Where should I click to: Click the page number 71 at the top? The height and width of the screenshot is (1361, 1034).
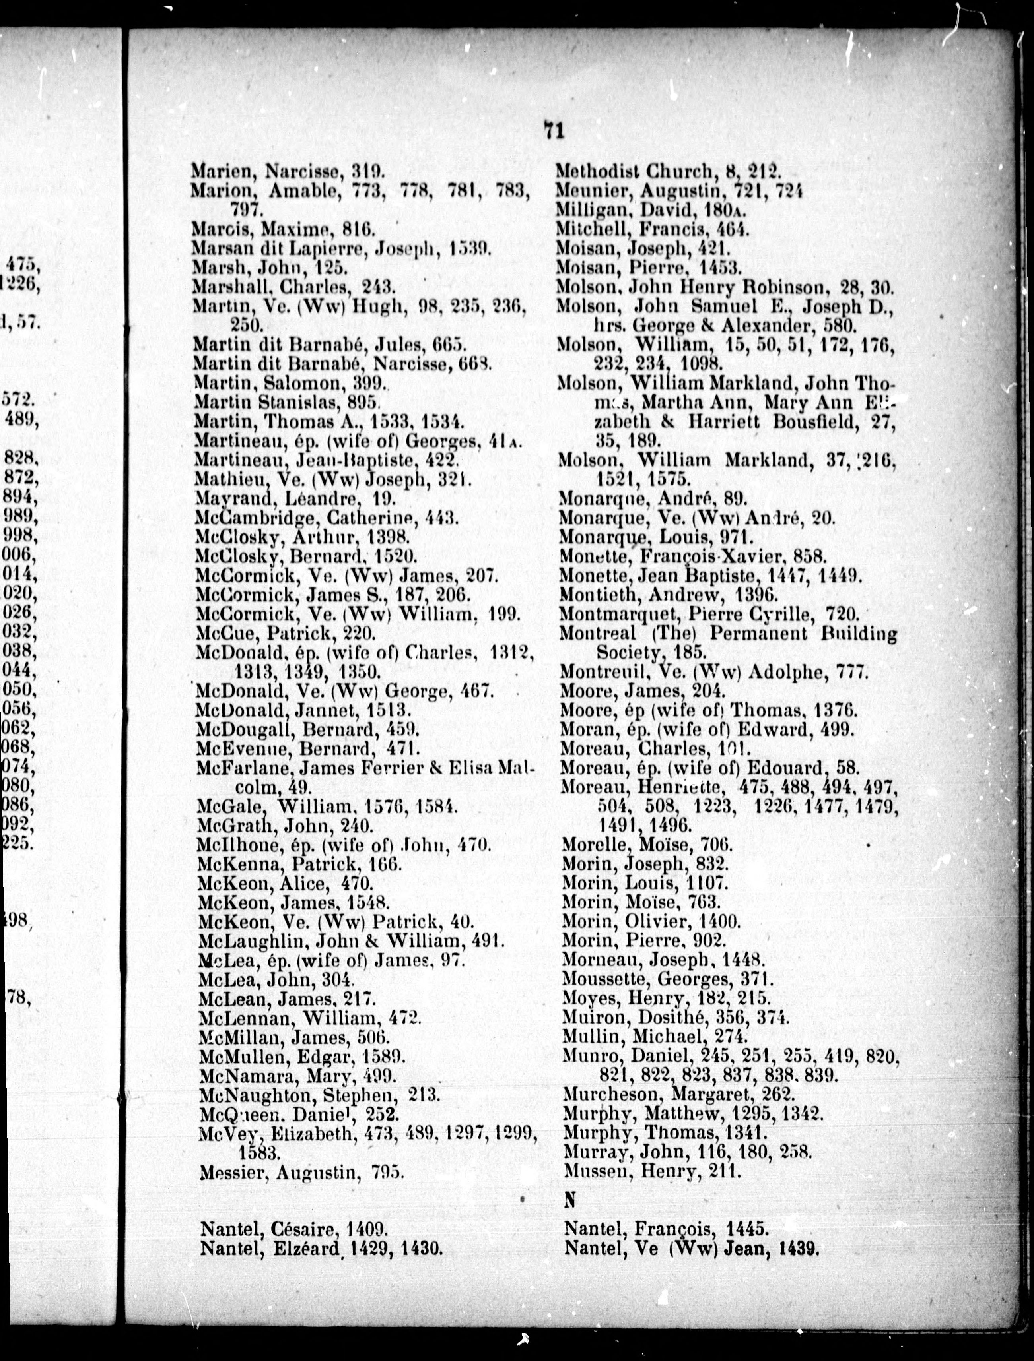click(x=554, y=130)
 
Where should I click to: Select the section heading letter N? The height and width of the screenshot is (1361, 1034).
click(x=570, y=1198)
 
